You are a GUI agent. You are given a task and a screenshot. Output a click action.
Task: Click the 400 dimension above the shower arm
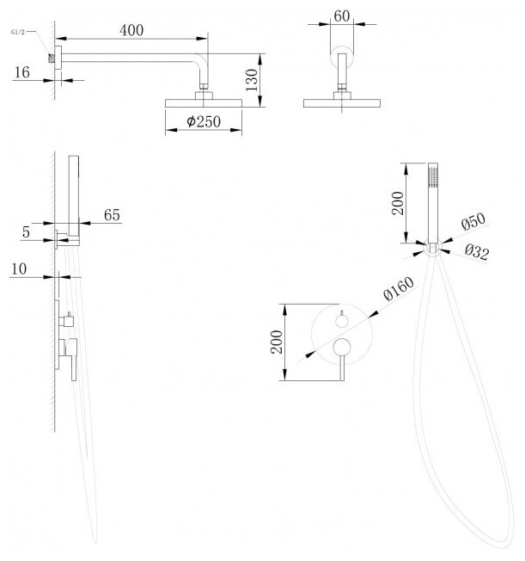tap(131, 29)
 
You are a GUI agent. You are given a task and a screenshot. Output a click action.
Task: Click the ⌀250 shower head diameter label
tap(205, 123)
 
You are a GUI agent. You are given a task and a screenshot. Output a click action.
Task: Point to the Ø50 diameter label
tap(472, 222)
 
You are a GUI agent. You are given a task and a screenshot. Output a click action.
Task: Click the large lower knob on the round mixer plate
tap(342, 348)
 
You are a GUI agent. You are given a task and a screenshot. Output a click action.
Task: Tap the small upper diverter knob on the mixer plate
tap(341, 320)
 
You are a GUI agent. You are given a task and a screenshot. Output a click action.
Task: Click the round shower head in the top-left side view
tap(205, 103)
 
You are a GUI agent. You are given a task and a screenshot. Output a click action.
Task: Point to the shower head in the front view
tap(343, 103)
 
